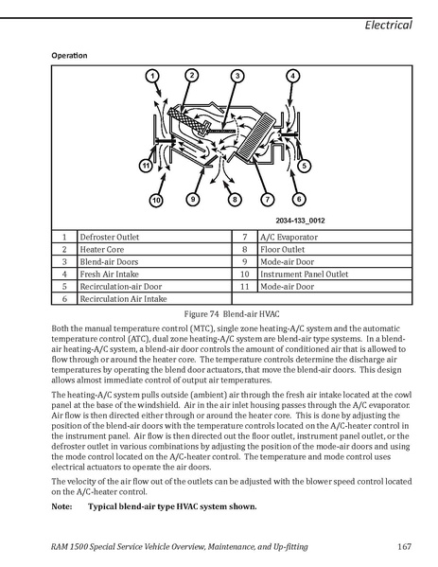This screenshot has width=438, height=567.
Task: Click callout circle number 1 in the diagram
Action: [152, 76]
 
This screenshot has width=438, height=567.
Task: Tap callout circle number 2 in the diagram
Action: [192, 75]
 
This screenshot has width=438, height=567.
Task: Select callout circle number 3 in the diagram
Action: [237, 76]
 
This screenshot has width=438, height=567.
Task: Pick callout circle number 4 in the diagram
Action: [292, 76]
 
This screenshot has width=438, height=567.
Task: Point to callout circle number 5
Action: [305, 166]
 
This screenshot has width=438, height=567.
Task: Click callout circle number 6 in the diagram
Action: [299, 199]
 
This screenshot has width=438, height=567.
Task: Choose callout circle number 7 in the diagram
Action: [268, 199]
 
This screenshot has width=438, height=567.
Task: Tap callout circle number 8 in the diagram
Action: [235, 200]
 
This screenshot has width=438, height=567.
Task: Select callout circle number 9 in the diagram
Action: [193, 199]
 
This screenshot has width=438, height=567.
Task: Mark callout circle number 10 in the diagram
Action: [156, 201]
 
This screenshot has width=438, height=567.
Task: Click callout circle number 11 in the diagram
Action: [146, 166]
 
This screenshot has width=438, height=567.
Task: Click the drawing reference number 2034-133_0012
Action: [300, 221]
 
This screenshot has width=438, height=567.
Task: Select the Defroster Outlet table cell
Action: [154, 237]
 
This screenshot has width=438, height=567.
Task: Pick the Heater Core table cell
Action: [154, 249]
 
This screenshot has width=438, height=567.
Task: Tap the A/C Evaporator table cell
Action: [335, 237]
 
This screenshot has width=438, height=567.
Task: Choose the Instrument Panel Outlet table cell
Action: [335, 274]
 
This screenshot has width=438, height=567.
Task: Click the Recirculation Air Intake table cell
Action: [154, 298]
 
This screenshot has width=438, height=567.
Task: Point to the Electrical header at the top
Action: [388, 25]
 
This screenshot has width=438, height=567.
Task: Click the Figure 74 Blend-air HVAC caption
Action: [232, 314]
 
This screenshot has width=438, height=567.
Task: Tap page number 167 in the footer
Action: [404, 546]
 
